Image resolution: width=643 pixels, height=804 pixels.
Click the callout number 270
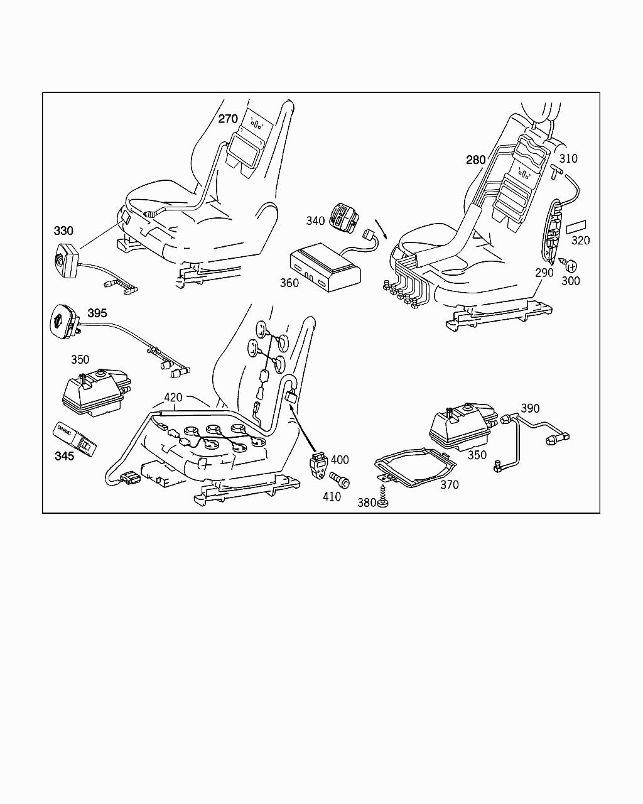point(227,119)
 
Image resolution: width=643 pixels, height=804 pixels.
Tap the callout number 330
point(63,231)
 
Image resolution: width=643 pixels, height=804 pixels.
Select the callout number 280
point(476,160)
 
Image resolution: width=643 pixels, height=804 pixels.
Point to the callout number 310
point(568,159)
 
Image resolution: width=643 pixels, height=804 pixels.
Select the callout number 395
point(97,313)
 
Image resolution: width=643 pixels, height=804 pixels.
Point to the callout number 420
point(173,398)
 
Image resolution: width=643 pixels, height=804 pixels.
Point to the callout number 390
point(530,409)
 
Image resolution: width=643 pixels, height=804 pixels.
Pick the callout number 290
point(544,273)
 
